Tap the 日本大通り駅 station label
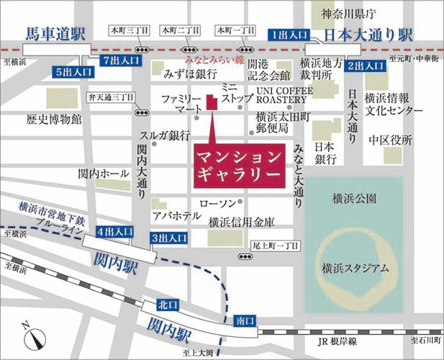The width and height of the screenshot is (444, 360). [368, 34]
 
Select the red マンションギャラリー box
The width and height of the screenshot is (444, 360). [237, 165]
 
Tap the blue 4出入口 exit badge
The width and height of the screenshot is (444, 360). [115, 231]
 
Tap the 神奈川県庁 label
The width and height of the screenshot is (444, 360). [348, 12]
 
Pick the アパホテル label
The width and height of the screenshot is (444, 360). [171, 215]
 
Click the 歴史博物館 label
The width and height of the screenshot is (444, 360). [54, 117]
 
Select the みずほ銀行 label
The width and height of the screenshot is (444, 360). [191, 74]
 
